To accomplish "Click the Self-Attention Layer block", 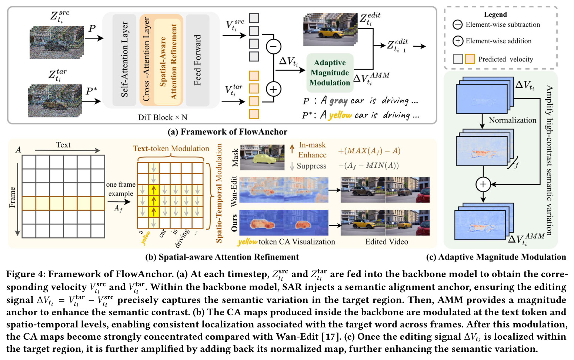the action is (x=124, y=60).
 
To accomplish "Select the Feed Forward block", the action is (x=198, y=60).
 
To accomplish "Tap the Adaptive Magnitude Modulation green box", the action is (x=330, y=73).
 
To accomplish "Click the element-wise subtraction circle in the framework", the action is (x=273, y=47).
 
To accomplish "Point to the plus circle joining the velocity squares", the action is (x=273, y=89).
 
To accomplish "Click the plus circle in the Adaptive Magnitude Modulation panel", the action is (x=483, y=184).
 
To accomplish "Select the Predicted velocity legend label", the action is (x=505, y=59).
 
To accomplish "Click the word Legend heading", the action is (x=495, y=14).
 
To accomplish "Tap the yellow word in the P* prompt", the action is (x=340, y=115).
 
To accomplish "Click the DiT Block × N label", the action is (x=163, y=117).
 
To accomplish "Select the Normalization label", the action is (x=513, y=120).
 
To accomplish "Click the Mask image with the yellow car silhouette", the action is (x=262, y=157).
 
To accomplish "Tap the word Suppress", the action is (x=311, y=166).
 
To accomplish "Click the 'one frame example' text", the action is (x=121, y=189).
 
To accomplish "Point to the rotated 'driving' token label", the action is (x=183, y=238).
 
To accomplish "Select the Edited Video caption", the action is (x=387, y=241).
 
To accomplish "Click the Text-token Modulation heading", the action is (x=171, y=149).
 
